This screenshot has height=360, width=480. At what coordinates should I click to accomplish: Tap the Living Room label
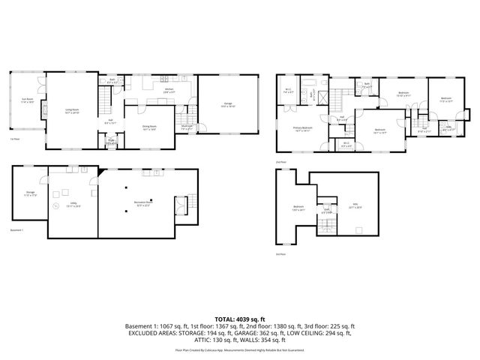point(73,111)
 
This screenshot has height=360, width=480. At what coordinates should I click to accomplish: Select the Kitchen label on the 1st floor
point(170,89)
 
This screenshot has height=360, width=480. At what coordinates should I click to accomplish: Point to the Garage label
point(227,105)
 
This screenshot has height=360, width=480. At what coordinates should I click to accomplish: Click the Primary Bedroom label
point(302,128)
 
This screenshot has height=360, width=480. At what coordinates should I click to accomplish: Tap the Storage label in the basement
point(30,193)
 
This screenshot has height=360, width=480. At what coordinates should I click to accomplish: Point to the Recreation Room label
point(145,202)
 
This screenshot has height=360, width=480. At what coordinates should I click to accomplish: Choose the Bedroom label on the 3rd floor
point(298,207)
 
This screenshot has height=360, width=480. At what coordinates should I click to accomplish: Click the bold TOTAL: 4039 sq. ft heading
point(240,318)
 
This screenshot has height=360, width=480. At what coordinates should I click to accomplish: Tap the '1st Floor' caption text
point(14,139)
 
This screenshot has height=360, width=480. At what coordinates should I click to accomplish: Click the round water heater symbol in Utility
point(54,206)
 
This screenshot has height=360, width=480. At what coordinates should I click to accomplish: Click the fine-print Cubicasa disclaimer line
point(240,349)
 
